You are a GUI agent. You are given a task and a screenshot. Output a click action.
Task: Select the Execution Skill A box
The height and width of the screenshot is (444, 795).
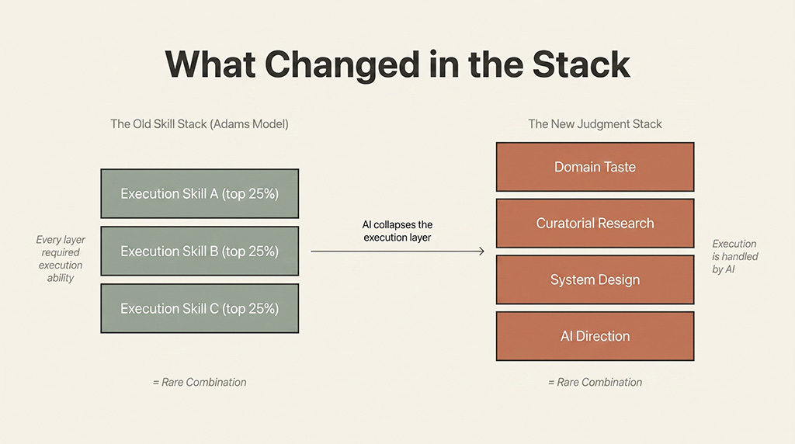tap(200, 194)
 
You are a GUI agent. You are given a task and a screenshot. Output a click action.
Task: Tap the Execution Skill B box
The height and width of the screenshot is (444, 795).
tap(200, 251)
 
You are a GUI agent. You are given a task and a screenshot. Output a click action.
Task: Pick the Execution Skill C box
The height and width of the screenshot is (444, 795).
tap(200, 308)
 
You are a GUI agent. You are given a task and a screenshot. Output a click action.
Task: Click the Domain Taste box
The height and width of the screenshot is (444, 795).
tap(595, 167)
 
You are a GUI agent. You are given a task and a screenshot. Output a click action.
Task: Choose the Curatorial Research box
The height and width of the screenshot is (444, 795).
tap(595, 224)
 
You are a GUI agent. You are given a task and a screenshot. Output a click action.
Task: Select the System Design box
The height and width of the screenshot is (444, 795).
tap(595, 279)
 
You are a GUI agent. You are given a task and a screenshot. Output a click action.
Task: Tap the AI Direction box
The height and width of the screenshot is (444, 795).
tap(595, 336)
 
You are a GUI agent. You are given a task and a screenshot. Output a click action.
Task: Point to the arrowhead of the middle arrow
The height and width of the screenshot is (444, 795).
tap(481, 251)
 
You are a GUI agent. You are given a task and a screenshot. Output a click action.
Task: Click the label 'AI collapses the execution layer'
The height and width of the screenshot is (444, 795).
tap(397, 231)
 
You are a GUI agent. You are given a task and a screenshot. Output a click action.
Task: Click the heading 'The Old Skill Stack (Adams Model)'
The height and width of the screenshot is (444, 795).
tap(200, 124)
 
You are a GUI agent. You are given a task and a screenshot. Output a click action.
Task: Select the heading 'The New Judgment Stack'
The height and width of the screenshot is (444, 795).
tap(595, 124)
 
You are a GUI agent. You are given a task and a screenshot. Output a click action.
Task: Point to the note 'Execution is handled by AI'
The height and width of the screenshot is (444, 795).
tap(734, 256)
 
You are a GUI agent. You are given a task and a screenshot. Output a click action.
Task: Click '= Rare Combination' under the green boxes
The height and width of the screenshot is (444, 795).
tap(200, 382)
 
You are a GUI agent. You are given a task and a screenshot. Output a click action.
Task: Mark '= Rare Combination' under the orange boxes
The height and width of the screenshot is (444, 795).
tap(595, 382)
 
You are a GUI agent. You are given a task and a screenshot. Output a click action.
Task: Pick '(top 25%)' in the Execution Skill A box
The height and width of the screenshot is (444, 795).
tap(250, 194)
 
